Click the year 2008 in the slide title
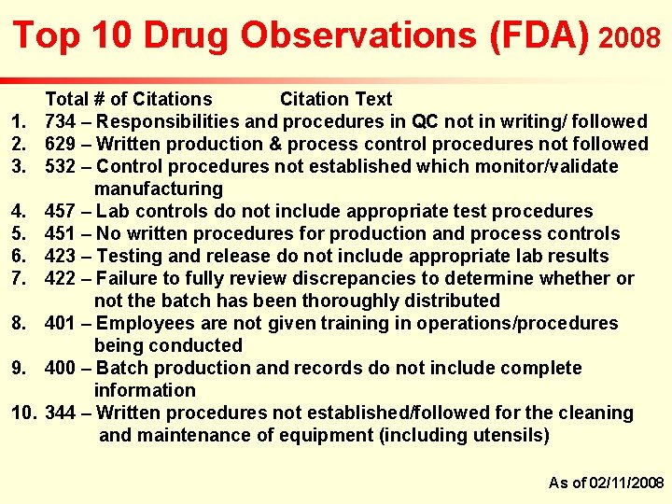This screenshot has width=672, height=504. (630, 38)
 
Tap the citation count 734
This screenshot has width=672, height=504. (61, 121)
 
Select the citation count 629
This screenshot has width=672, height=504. (61, 144)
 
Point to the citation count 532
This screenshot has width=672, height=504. (61, 166)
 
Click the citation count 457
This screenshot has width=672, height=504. (61, 211)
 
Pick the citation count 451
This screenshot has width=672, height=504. (61, 233)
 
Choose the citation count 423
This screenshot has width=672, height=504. (61, 256)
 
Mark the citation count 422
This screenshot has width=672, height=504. (61, 278)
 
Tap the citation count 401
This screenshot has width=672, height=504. (61, 323)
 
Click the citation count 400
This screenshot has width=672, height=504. (61, 368)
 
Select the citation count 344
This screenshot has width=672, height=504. (61, 413)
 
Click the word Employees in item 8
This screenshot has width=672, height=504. (143, 323)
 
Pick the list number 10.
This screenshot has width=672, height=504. (24, 413)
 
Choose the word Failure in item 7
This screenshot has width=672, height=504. (126, 278)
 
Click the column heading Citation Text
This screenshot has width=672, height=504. (336, 99)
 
